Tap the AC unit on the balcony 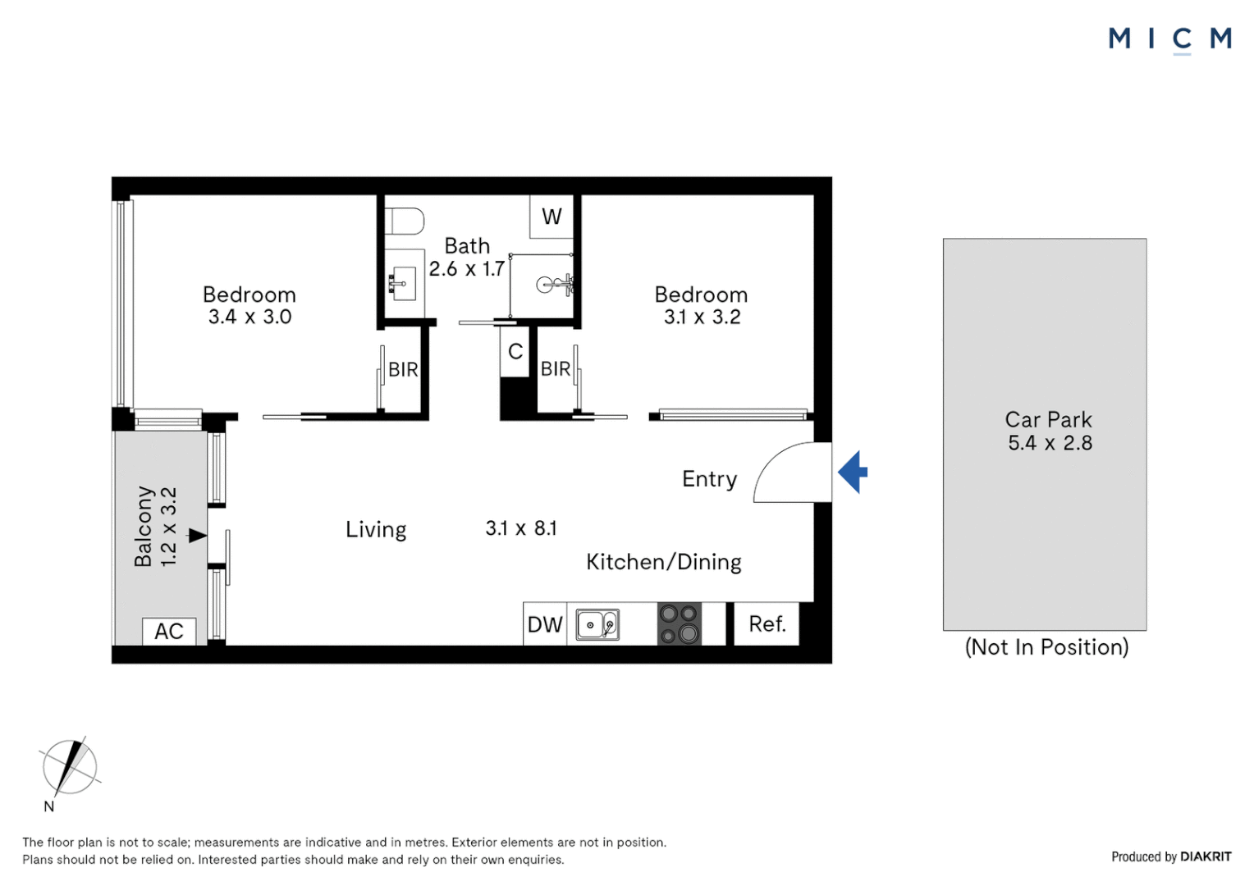(x=169, y=631)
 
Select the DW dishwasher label (x=545, y=624)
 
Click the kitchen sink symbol (x=597, y=624)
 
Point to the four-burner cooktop (x=680, y=623)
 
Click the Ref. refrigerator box (x=767, y=623)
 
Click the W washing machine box (x=551, y=217)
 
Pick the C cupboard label (x=515, y=352)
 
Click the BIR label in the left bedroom (x=403, y=370)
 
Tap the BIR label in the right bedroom (x=556, y=369)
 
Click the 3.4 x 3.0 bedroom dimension (x=249, y=317)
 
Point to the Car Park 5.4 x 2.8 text (x=1049, y=432)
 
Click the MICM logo (x=1169, y=39)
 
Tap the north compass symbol (x=69, y=767)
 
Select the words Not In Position (x=1046, y=647)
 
